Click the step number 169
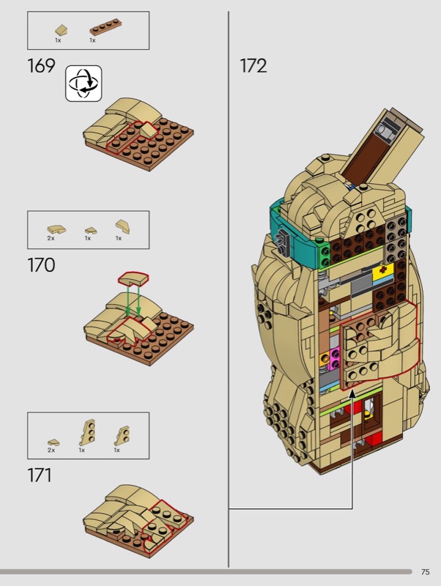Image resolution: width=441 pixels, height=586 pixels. (x=41, y=66)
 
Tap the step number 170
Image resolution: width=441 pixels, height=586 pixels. (x=41, y=265)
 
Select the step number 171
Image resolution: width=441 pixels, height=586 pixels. (x=40, y=475)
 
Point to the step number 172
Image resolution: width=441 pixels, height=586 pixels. (x=253, y=66)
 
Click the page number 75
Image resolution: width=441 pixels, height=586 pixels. (x=426, y=572)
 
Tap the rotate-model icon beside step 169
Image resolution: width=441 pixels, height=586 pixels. (x=84, y=84)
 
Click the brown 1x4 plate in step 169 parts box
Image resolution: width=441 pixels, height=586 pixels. (x=105, y=28)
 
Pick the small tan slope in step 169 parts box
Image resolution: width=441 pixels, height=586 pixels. (x=62, y=30)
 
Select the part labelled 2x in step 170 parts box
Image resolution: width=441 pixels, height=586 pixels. (x=56, y=229)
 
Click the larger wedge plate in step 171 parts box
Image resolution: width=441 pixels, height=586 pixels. (x=87, y=432)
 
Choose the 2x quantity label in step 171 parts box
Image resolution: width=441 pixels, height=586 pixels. (x=51, y=450)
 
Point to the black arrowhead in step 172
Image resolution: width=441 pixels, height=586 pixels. (x=352, y=394)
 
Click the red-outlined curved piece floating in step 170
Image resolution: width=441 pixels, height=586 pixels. (x=133, y=278)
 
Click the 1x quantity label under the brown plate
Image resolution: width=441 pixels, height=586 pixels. (x=92, y=40)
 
